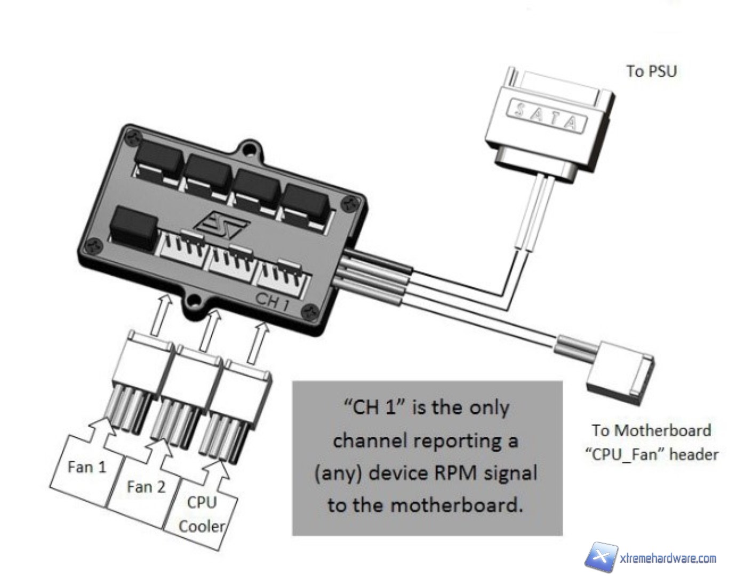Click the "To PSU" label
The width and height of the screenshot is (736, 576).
pos(651,71)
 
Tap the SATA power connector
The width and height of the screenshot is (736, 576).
pos(549,123)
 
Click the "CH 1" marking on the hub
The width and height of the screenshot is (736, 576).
pos(272,301)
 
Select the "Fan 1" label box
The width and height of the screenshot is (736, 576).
pos(86,468)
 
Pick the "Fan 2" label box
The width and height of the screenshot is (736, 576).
pos(146,487)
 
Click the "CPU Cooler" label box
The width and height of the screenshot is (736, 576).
pos(202,515)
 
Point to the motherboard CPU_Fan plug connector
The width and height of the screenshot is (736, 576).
pos(621,368)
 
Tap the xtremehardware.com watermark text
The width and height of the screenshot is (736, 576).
pos(668,558)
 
